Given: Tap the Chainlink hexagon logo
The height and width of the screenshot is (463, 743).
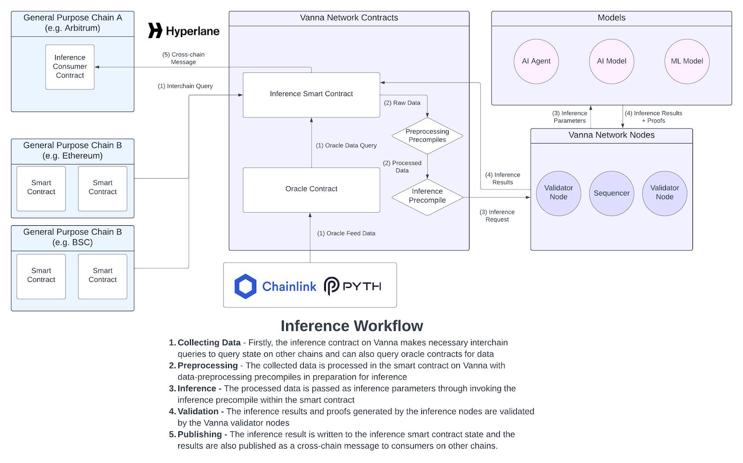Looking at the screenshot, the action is point(245,286).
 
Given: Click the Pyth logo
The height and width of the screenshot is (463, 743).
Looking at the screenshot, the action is point(352,286).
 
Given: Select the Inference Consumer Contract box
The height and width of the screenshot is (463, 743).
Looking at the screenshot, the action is point(70,67).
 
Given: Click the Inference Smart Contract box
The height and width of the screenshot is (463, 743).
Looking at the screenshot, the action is point(311,95).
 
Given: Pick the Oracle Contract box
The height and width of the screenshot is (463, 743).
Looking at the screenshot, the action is point(311,190).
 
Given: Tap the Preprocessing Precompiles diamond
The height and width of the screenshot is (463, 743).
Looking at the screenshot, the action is point(427,136).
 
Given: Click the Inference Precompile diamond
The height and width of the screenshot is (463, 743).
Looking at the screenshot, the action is point(427,197).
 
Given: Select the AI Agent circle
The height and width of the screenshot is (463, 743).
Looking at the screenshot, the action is point(536,61).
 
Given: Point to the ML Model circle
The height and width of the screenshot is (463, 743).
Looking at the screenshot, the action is point(687,61).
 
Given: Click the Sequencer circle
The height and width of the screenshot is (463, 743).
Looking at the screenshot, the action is point(612,193).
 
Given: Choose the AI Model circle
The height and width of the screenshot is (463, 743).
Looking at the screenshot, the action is point(612,61).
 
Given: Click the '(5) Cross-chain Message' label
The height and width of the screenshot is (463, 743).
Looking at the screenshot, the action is point(183,58).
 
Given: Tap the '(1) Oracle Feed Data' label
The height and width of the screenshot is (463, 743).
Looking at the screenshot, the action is point(346,233).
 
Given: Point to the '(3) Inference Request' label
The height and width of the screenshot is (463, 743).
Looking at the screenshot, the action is point(497,215).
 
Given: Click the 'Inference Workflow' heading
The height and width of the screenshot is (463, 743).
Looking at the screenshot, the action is point(352,326).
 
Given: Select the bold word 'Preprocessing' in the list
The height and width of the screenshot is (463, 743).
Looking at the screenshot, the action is point(208,365).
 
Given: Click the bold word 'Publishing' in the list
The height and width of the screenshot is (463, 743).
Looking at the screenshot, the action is point(200,435).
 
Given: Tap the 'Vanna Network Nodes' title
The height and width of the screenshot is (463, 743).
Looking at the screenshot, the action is point(611,135).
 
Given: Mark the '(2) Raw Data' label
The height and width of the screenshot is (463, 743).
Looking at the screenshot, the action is point(402,103).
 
